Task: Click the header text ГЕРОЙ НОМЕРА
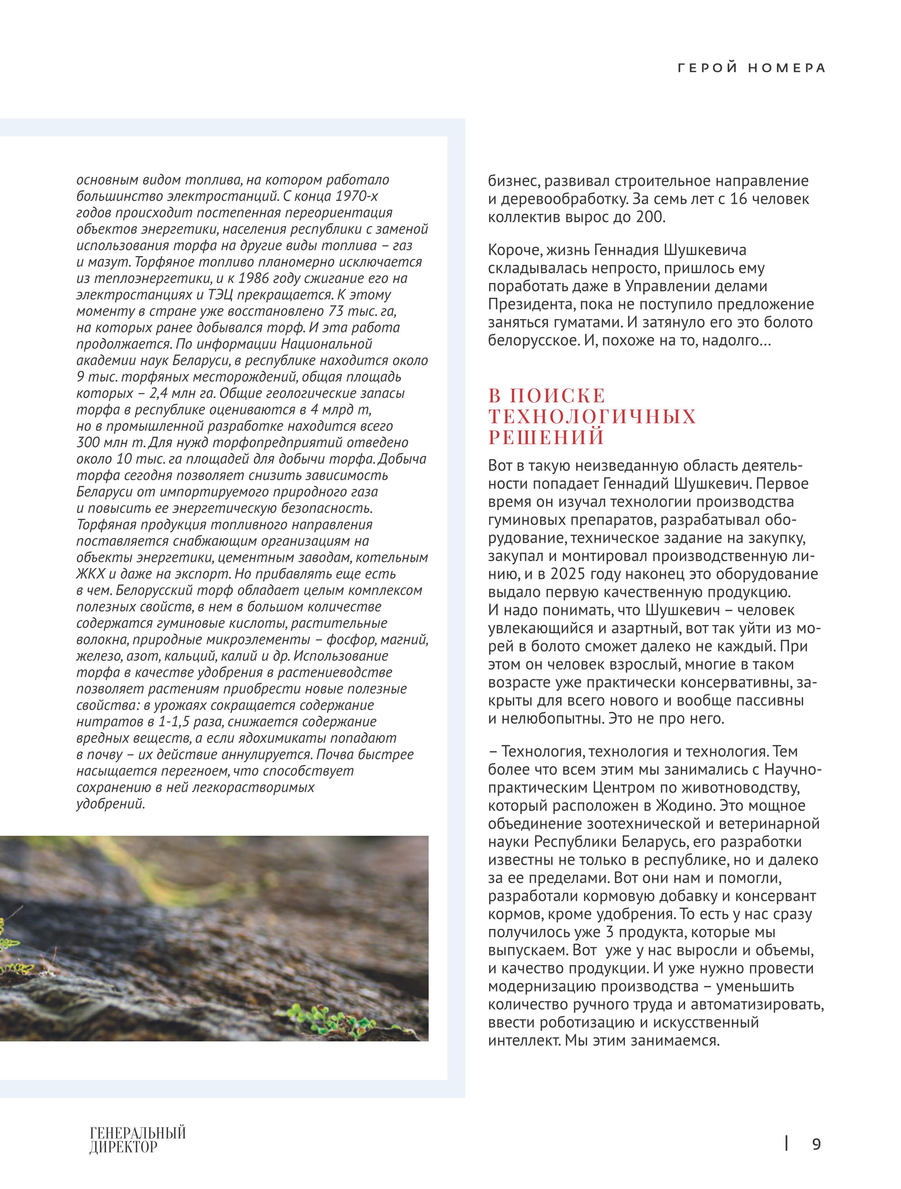[x=751, y=68]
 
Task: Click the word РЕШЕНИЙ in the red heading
[x=546, y=437]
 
